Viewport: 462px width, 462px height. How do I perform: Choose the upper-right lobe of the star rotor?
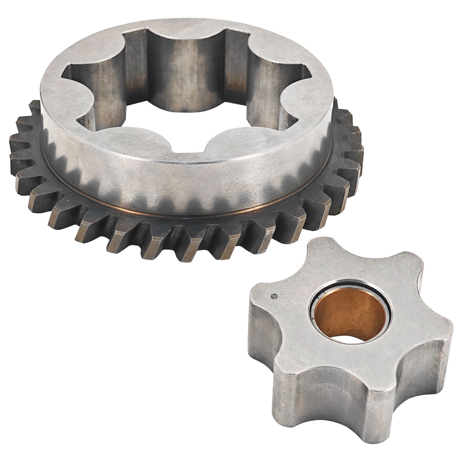click(x=410, y=265)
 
